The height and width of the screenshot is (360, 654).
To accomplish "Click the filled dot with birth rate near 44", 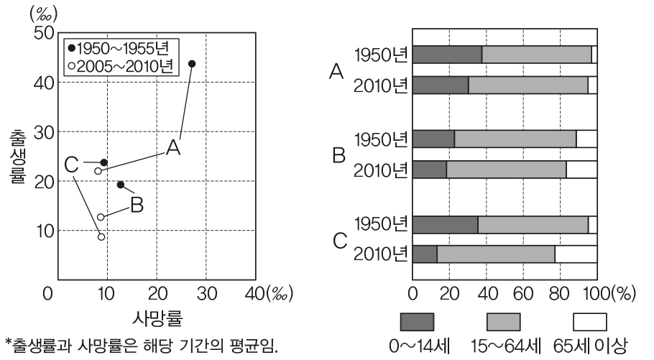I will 192,64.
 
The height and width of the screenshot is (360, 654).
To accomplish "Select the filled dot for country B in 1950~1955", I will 121,185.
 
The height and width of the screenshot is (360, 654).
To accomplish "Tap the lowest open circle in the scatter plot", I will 101,236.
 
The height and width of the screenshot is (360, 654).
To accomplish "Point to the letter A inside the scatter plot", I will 172,148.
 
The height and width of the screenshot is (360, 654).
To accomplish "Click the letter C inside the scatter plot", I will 71,165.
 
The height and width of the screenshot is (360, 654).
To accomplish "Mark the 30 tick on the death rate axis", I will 206,295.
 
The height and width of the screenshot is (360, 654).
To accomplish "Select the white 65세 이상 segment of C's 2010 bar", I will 576,254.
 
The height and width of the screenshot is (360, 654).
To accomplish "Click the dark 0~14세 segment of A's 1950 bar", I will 447,55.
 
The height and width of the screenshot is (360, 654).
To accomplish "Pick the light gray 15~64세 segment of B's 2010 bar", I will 506,170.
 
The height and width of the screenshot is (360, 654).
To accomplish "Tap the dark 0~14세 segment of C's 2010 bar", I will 425,254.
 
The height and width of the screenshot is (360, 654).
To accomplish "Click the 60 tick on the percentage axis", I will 522,295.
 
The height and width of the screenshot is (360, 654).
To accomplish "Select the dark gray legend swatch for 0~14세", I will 418,321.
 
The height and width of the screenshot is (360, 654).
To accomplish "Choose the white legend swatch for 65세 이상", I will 590,321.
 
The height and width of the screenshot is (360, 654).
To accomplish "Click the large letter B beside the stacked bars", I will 339,154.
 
